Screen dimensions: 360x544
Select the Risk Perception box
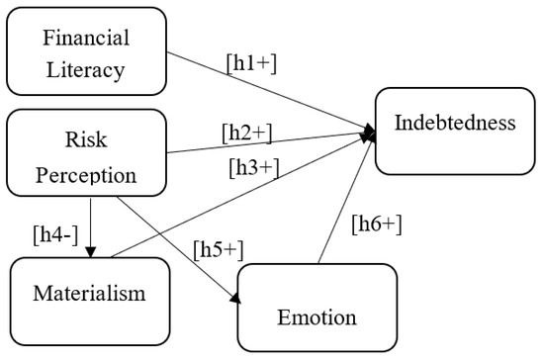coord(86,152)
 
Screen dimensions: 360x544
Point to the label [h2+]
coord(247,133)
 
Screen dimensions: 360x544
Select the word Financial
coord(86,38)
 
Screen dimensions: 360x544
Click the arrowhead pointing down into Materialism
coord(90,251)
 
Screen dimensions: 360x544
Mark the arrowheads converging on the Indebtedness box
coord(370,132)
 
